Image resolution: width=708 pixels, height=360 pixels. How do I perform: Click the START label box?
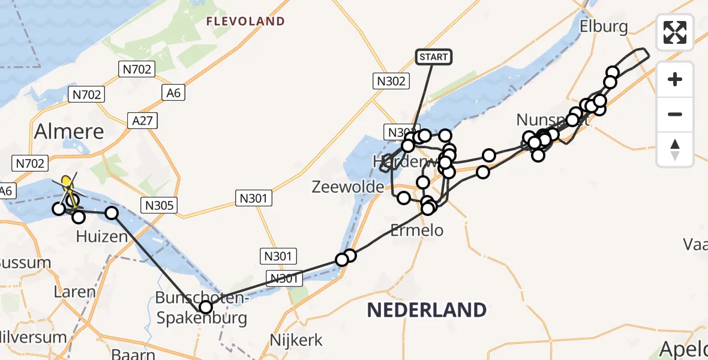[433, 57]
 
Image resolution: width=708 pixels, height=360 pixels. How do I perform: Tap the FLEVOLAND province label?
[245, 22]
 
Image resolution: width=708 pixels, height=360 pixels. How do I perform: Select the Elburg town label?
[604, 26]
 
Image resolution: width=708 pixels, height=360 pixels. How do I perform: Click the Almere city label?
[69, 131]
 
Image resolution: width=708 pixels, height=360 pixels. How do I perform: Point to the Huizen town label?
[102, 236]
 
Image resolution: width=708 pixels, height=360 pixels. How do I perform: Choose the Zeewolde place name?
[348, 187]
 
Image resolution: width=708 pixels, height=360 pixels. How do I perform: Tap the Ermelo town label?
[416, 229]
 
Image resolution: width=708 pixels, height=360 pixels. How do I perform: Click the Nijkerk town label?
[296, 340]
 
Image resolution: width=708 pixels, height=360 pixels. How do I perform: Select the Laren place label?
[74, 292]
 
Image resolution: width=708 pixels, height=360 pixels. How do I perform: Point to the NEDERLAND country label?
[427, 310]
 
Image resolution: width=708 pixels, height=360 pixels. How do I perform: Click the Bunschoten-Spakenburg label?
[201, 307]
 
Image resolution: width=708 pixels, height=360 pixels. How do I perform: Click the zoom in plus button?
[675, 79]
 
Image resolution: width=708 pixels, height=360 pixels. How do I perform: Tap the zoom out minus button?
[675, 114]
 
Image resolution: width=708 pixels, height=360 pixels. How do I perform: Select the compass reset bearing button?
[675, 149]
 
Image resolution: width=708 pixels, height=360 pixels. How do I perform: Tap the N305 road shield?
[159, 206]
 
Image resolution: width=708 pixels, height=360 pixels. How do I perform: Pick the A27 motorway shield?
[142, 121]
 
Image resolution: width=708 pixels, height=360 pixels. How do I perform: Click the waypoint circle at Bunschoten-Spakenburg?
[206, 307]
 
